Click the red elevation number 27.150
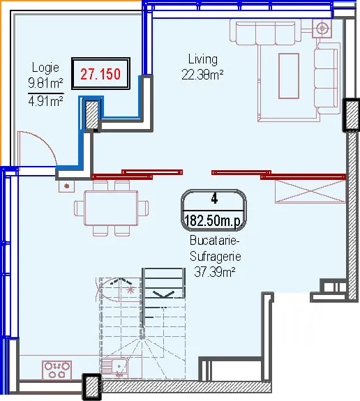tap(100, 74)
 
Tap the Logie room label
tap(45, 68)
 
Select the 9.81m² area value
tap(45, 83)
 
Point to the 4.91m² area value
tap(45, 102)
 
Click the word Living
tap(203, 59)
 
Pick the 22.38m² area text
tap(202, 75)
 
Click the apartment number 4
tap(214, 199)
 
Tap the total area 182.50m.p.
tap(213, 220)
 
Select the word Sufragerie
tap(215, 256)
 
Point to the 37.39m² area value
tap(215, 271)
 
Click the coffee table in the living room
tap(289, 76)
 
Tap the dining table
tap(111, 208)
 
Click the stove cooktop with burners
tap(57, 370)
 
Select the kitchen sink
tap(117, 368)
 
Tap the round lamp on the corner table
tap(322, 28)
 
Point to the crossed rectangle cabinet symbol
tap(310, 192)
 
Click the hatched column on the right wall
tap(352, 115)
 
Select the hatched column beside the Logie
tap(91, 114)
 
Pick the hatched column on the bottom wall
tap(91, 386)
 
